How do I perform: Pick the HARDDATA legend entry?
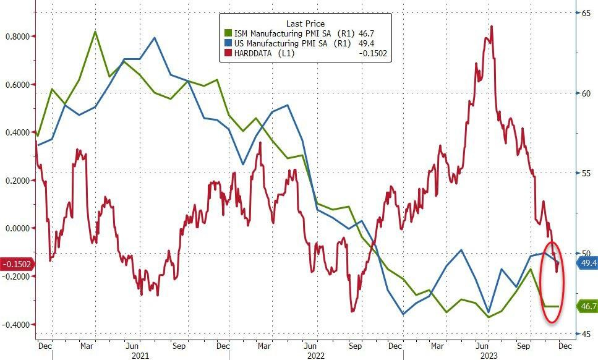(260, 53)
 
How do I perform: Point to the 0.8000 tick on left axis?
(17, 36)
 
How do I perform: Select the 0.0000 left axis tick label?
(17, 228)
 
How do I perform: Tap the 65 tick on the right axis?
(584, 13)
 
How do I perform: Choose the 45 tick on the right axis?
(584, 334)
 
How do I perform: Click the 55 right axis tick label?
(584, 174)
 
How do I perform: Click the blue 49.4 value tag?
(587, 264)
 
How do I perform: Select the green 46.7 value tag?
(587, 306)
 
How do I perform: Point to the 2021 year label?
(140, 355)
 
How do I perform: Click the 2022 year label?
(317, 355)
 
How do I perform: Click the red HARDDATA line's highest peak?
(492, 26)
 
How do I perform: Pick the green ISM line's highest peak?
(95, 31)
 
